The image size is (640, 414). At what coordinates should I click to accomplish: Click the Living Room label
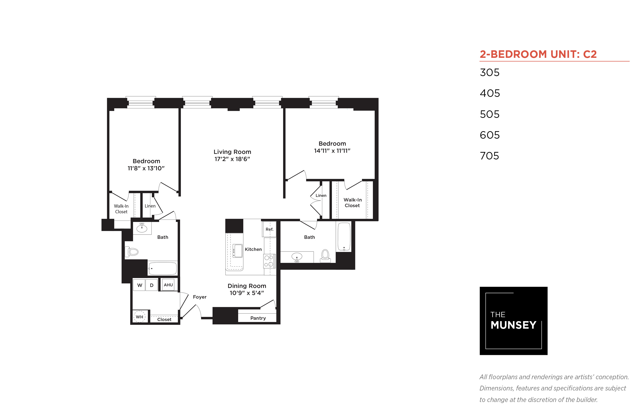click(232, 152)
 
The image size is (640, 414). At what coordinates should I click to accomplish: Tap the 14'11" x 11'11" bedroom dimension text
click(332, 151)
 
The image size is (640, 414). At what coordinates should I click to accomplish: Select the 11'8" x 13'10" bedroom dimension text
click(146, 168)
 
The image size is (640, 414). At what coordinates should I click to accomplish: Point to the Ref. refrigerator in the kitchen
click(269, 229)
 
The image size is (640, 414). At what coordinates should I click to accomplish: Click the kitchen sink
click(237, 251)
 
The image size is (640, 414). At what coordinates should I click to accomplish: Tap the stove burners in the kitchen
click(269, 261)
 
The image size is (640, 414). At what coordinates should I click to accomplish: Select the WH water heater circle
click(139, 317)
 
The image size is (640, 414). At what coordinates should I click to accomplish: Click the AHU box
click(168, 285)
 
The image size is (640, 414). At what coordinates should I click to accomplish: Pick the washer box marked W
click(139, 285)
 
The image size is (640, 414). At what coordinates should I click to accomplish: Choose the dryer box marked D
click(152, 285)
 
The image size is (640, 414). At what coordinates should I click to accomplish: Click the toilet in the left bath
click(132, 252)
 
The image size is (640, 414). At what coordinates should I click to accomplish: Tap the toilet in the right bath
click(325, 256)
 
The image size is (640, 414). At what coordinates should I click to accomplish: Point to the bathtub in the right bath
click(344, 237)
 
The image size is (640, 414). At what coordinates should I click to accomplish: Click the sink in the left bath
click(142, 228)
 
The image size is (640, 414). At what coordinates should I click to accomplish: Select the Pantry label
click(258, 318)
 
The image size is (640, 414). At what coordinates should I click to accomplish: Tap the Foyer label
click(200, 297)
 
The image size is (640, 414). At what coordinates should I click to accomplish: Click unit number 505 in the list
click(490, 114)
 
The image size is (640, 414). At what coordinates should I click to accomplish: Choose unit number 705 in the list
click(489, 156)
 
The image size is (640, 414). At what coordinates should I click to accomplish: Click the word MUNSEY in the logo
click(513, 325)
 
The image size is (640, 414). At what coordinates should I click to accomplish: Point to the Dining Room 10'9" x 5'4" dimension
click(247, 293)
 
